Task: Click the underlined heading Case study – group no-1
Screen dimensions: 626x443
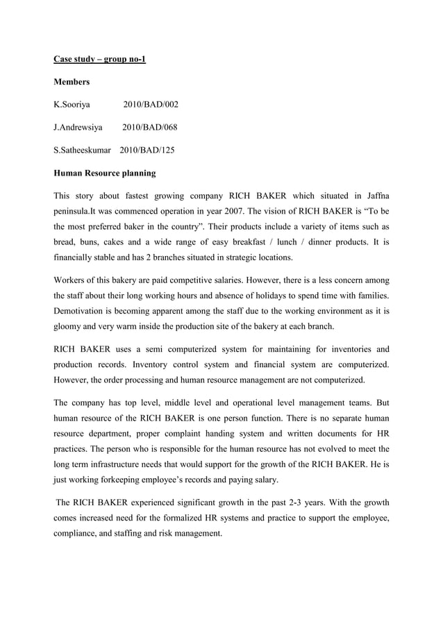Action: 99,59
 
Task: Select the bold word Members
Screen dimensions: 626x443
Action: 72,82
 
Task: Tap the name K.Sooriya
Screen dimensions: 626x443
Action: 77,105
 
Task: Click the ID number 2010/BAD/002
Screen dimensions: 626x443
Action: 151,105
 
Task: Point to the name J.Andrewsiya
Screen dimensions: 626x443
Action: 78,127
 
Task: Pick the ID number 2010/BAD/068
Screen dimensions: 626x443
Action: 150,127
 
